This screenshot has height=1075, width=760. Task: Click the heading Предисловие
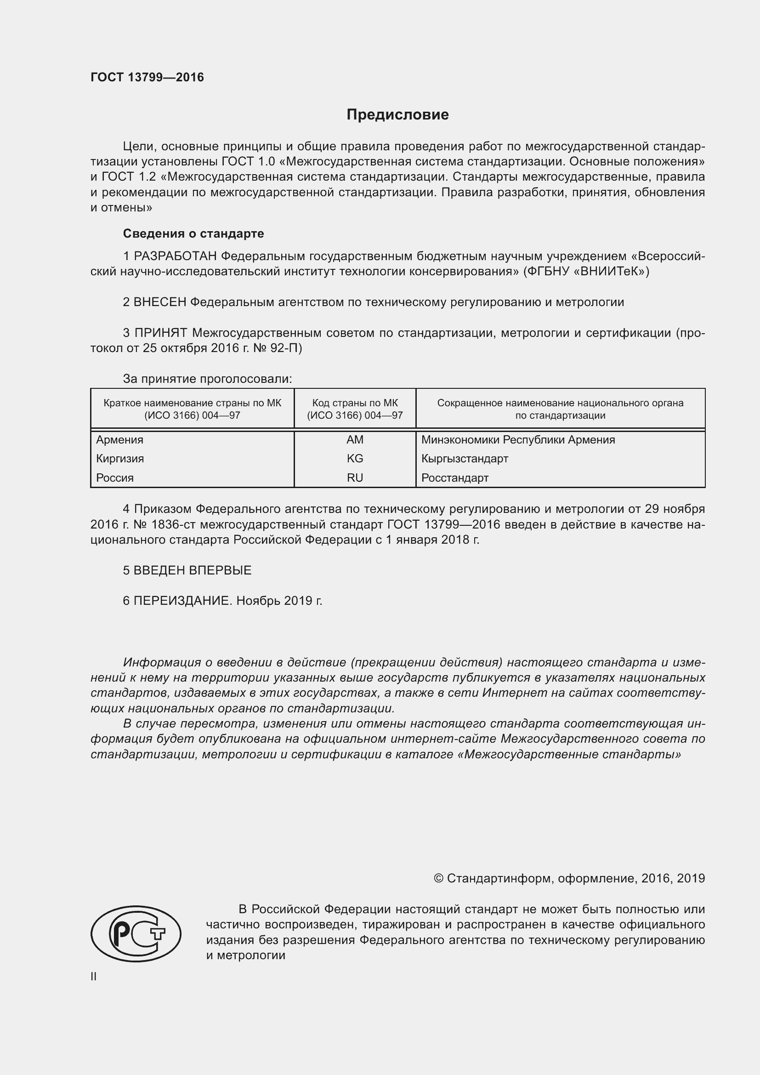(397, 115)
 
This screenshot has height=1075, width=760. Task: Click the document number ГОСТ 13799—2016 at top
(147, 77)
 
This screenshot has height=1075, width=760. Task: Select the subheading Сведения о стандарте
(193, 233)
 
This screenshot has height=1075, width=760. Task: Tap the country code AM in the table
(355, 440)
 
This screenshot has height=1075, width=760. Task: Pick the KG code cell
(355, 458)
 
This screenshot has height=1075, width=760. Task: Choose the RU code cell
(355, 478)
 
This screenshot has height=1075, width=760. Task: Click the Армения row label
(120, 440)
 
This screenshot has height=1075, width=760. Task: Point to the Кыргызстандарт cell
(464, 458)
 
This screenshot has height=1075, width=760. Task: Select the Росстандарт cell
(454, 478)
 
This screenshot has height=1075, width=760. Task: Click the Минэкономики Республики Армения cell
(517, 440)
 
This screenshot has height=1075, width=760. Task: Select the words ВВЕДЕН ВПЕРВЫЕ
(193, 570)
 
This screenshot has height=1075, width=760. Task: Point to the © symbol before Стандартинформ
(438, 878)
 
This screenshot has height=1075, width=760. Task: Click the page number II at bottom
(94, 976)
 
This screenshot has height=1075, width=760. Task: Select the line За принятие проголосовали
(207, 379)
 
